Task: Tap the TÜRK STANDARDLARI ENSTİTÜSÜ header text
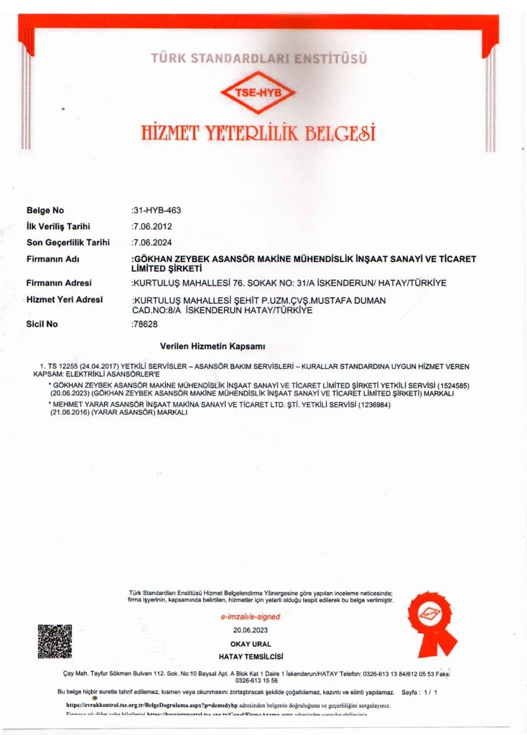[x=259, y=58]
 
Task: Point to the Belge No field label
[x=45, y=210]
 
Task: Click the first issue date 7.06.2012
[x=152, y=226]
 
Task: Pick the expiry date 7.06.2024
[x=152, y=242]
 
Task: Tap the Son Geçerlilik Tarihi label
[x=68, y=242]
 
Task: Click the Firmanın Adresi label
[x=59, y=283]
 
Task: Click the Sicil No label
[x=42, y=324]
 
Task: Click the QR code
[x=55, y=642]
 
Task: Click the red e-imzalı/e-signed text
[x=250, y=617]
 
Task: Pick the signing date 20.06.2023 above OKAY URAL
[x=250, y=630]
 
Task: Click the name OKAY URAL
[x=250, y=644]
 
